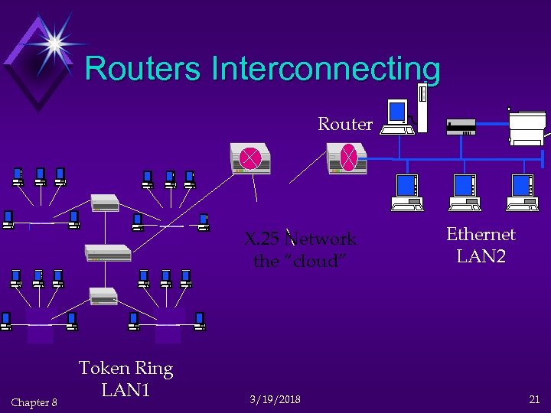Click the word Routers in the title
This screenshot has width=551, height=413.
click(144, 68)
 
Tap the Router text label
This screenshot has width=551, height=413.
click(345, 124)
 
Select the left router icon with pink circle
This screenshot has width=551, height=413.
click(250, 158)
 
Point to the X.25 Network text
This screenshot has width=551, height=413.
click(300, 239)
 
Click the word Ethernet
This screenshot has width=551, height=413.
click(481, 234)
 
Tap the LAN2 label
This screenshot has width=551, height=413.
click(481, 256)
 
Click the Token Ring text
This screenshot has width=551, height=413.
click(126, 369)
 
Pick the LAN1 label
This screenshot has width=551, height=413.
click(126, 390)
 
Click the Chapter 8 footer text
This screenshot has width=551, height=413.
click(34, 402)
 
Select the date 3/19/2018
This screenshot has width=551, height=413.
click(275, 400)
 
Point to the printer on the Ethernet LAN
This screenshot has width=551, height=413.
click(527, 125)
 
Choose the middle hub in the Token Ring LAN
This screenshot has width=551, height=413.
click(108, 252)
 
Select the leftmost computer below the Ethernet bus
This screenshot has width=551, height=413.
click(406, 192)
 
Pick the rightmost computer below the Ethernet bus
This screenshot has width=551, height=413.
click(522, 192)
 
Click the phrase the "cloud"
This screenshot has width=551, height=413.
click(300, 261)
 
